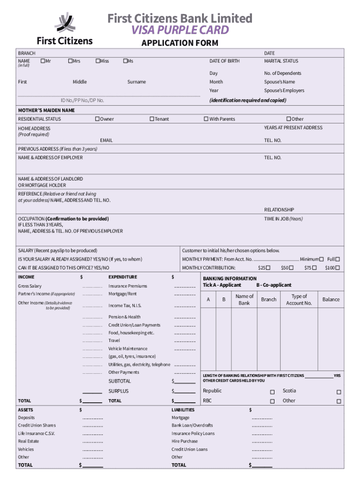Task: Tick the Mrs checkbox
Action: (x=70, y=61)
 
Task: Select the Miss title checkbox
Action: (x=97, y=61)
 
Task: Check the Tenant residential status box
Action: (x=151, y=119)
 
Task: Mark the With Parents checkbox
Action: (x=206, y=119)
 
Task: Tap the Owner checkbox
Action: (x=97, y=119)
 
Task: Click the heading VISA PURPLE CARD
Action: (x=180, y=30)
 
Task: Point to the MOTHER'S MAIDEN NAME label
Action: (x=46, y=110)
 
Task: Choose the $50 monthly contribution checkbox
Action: (x=291, y=268)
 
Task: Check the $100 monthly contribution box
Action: (x=338, y=268)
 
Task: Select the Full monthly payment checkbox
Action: (x=338, y=259)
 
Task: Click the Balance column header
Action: (x=331, y=299)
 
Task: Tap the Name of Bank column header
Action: (x=245, y=299)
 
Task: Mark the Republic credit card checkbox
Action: (x=272, y=392)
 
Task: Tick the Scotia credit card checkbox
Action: (x=339, y=392)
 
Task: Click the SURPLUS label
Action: (x=118, y=391)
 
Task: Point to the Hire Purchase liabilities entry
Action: (x=185, y=441)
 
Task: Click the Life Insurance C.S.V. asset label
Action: (x=36, y=433)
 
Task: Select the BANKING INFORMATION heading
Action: (x=230, y=278)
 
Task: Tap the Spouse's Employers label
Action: (x=284, y=90)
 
